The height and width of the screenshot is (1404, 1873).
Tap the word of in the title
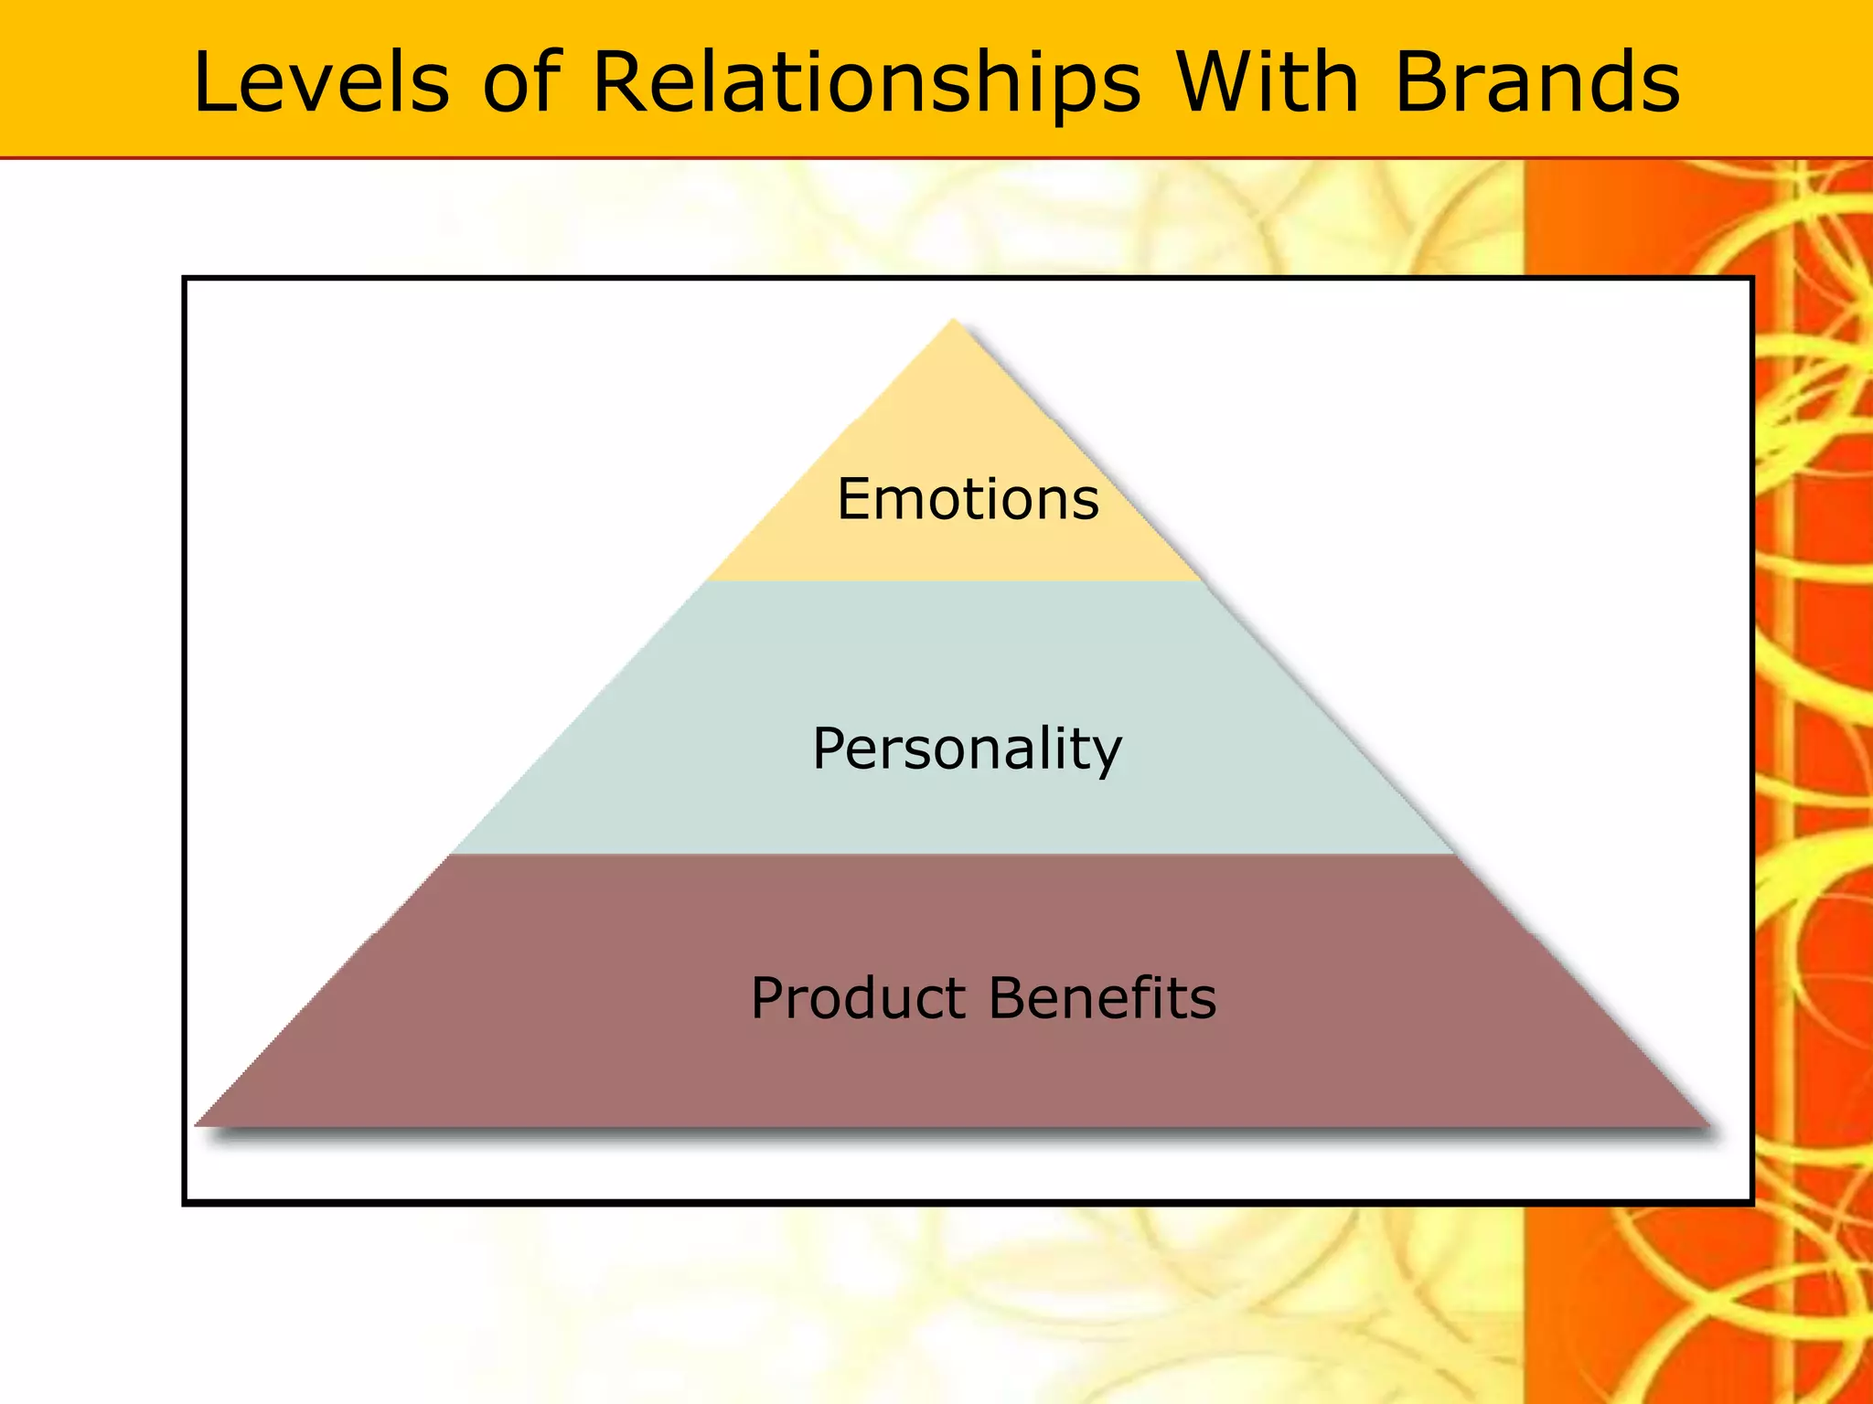[521, 82]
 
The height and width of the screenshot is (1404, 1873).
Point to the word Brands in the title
[1536, 82]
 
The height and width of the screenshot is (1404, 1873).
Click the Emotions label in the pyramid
[968, 499]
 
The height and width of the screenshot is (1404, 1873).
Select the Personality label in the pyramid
[967, 749]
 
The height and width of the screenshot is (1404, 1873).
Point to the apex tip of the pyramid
[954, 321]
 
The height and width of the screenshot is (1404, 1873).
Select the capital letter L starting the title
[212, 82]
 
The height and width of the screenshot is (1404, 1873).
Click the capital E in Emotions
[854, 499]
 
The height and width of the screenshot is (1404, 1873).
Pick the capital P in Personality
[830, 749]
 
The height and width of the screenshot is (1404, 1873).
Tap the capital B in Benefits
[1008, 997]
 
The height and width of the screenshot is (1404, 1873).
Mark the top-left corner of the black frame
[186, 279]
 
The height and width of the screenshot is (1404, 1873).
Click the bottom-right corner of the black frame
[1750, 1202]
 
